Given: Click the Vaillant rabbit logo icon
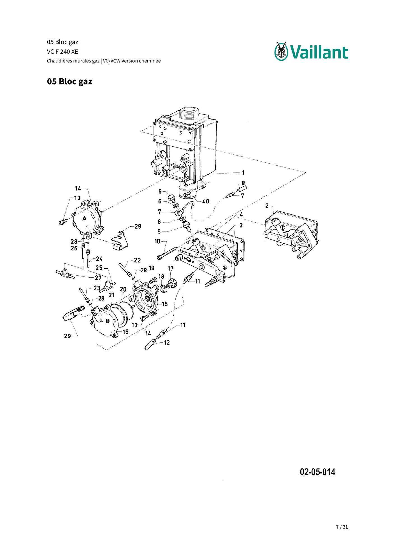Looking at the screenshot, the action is (281, 51).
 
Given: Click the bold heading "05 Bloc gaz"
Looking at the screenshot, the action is (69, 81).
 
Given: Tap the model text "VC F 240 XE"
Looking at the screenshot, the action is (62, 52).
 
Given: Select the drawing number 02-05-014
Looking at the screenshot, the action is (317, 472).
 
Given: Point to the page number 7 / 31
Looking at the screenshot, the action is (342, 527).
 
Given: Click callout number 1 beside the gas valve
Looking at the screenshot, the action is (243, 172).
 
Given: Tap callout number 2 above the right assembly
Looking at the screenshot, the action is (267, 206).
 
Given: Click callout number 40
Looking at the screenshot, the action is (206, 201).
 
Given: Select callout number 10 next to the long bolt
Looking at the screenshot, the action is (157, 241).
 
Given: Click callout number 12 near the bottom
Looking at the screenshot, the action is (167, 343).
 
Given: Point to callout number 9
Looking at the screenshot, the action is (160, 191).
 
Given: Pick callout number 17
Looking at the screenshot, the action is (170, 268).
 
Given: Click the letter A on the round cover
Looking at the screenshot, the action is (84, 218).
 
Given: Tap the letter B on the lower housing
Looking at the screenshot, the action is (107, 321).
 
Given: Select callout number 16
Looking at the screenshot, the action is (125, 332).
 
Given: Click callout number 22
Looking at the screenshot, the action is (137, 260).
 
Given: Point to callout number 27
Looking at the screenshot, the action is (98, 278).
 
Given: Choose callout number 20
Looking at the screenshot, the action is (123, 289).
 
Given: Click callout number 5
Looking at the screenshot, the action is (159, 231).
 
